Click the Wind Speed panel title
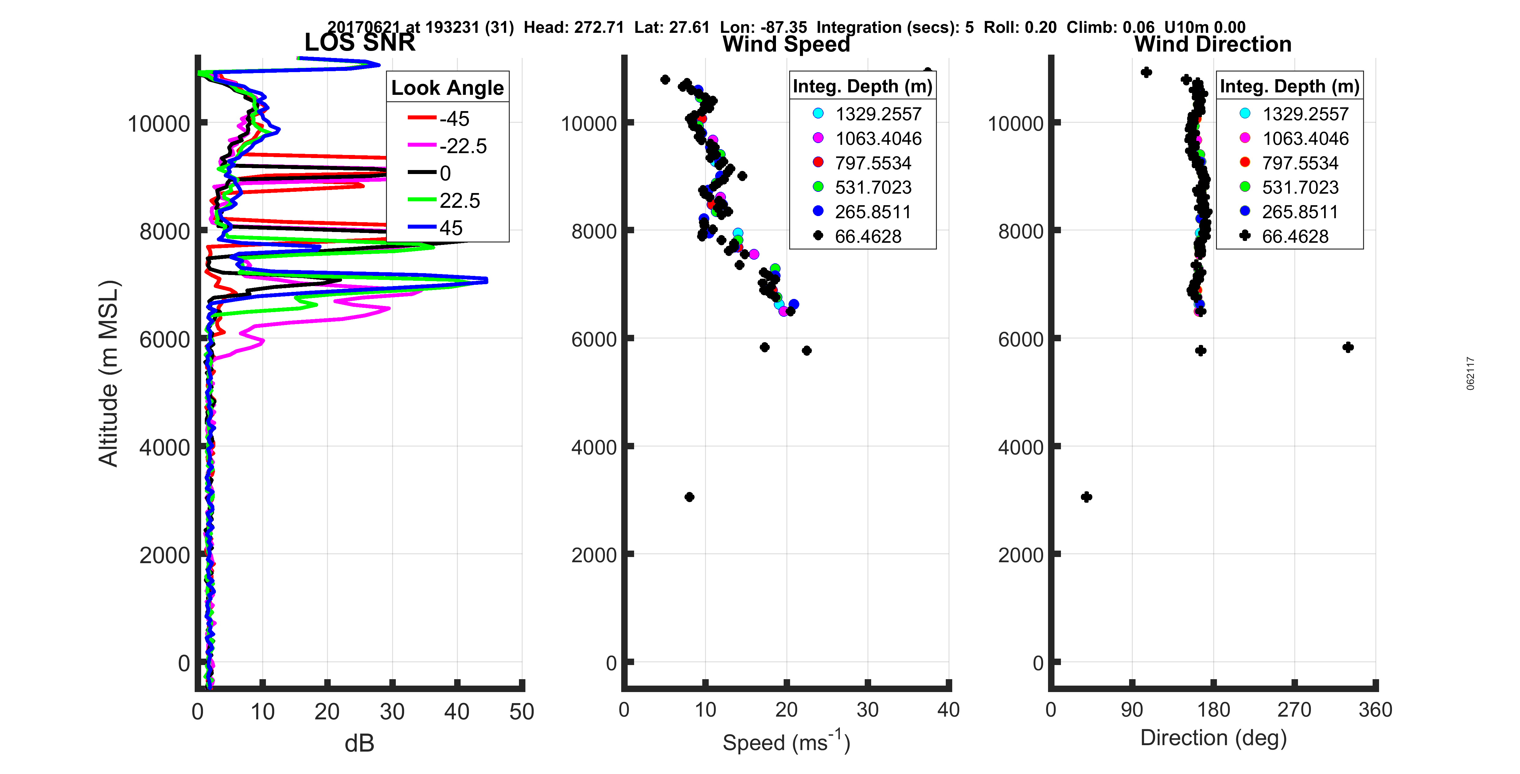click(786, 44)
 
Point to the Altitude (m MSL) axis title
click(109, 373)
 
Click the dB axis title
click(359, 743)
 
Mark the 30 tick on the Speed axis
click(867, 710)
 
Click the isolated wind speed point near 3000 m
click(689, 497)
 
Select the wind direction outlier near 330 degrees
click(1348, 347)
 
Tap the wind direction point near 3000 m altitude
click(1086, 497)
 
